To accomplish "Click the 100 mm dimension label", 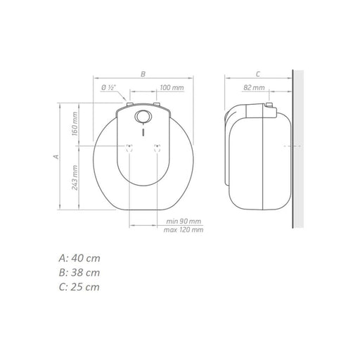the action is (172, 88).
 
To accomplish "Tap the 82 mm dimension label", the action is (254, 88).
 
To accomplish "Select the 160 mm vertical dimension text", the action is (75, 124).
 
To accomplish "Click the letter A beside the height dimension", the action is (56, 157).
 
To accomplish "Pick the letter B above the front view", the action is (143, 74).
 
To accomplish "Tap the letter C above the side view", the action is (258, 74).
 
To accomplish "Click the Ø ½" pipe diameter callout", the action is (108, 87).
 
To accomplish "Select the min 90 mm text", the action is (184, 221).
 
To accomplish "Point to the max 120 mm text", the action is (184, 230).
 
